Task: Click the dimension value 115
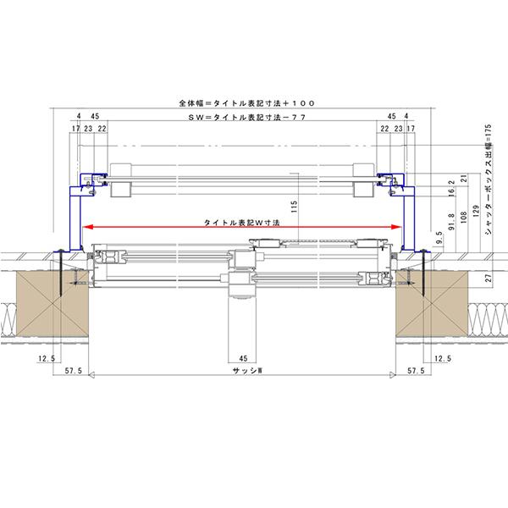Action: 294,207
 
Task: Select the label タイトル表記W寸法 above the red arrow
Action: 241,223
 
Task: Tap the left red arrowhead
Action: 88,227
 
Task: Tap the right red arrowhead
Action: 396,227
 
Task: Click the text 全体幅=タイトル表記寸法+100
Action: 247,103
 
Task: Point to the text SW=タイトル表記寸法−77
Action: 247,118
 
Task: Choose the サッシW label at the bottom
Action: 247,371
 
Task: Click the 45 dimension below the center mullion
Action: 243,358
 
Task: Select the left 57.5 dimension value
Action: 74,371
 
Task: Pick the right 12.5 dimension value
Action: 443,358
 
